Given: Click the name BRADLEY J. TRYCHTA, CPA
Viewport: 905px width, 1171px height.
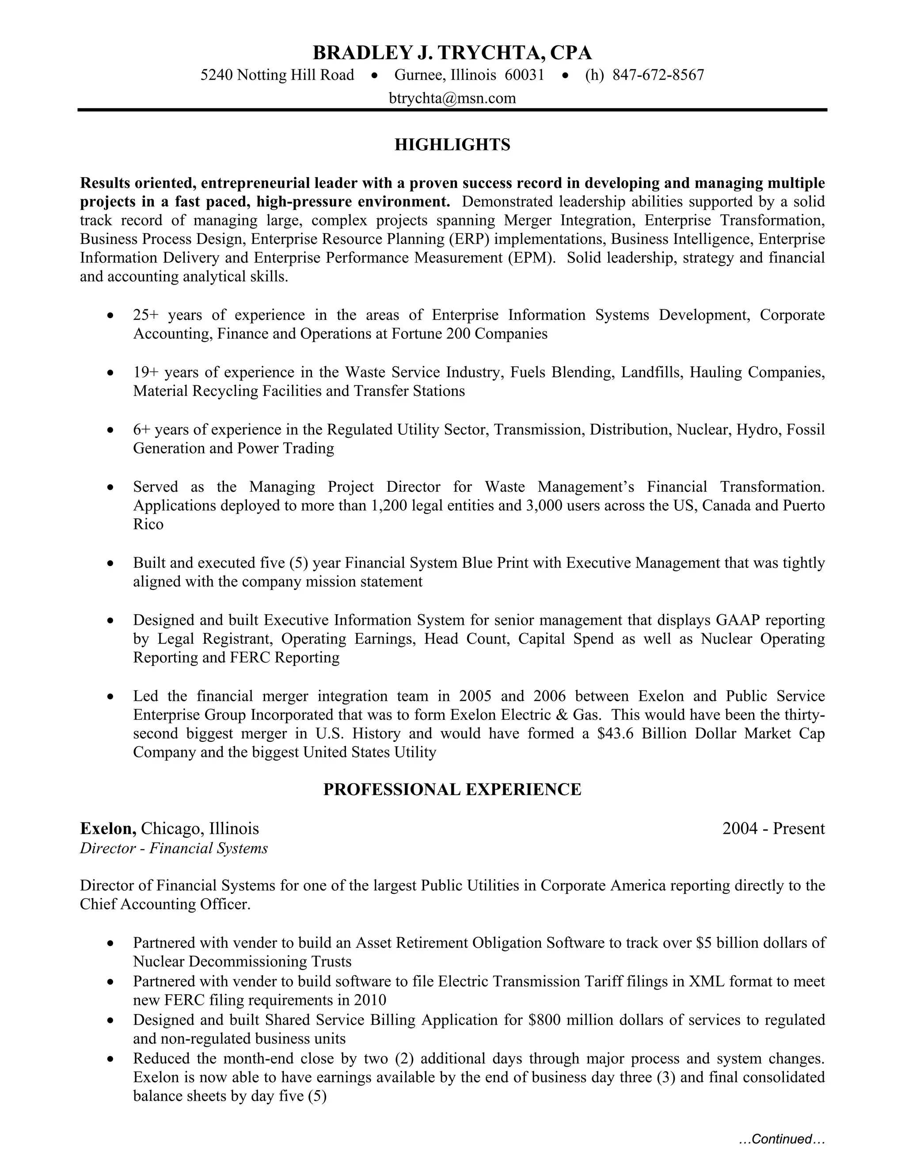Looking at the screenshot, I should [452, 53].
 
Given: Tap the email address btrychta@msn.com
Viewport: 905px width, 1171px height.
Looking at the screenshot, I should [452, 98].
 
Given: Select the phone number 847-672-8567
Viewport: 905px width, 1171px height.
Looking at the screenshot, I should [658, 75].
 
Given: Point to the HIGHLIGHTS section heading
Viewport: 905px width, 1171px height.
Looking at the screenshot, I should [452, 145].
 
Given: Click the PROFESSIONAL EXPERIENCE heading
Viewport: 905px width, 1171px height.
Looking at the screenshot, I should [452, 790].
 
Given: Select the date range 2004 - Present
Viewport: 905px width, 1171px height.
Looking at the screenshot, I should [773, 829].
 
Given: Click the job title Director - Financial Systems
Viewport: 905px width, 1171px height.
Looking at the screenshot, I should [174, 848].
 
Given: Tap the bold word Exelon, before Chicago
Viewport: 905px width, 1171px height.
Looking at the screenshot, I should [108, 829].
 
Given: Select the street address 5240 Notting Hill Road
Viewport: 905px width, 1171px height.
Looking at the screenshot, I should [277, 75].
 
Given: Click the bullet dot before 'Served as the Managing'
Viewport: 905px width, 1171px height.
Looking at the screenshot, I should [110, 488].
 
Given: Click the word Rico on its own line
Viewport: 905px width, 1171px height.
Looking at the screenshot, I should [148, 525].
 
